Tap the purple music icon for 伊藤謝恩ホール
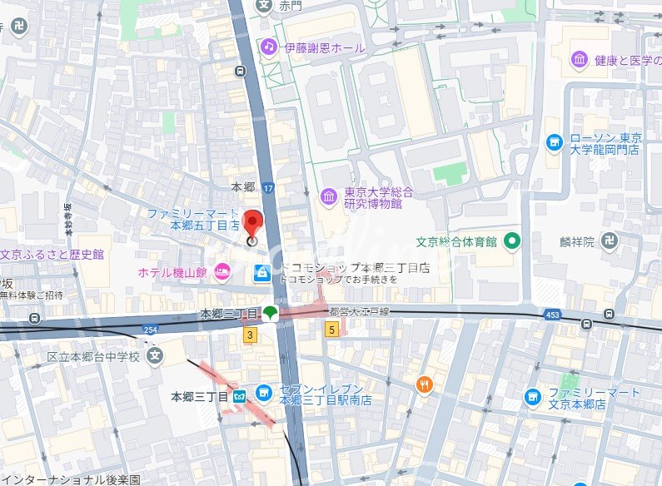[269, 47]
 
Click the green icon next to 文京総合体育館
[512, 241]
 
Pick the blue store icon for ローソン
[554, 143]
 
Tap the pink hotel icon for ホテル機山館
[221, 271]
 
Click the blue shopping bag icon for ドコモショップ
[262, 273]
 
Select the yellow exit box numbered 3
[249, 335]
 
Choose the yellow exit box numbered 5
[331, 330]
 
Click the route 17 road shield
[268, 190]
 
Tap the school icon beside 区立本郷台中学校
[153, 356]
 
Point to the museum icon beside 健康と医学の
[580, 59]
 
